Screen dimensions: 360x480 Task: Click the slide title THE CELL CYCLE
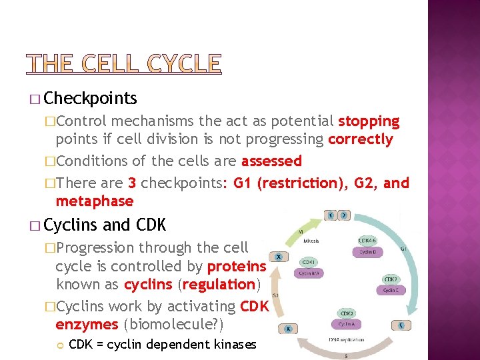coord(123,63)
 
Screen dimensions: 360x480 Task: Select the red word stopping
coord(369,121)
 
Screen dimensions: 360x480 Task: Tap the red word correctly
coord(360,139)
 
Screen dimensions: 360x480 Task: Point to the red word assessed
coord(271,161)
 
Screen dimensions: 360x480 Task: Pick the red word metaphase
coord(95,201)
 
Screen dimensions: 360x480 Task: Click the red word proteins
coord(237,266)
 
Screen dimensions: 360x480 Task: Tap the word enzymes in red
coord(87,325)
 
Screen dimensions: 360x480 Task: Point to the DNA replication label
coord(347,340)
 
